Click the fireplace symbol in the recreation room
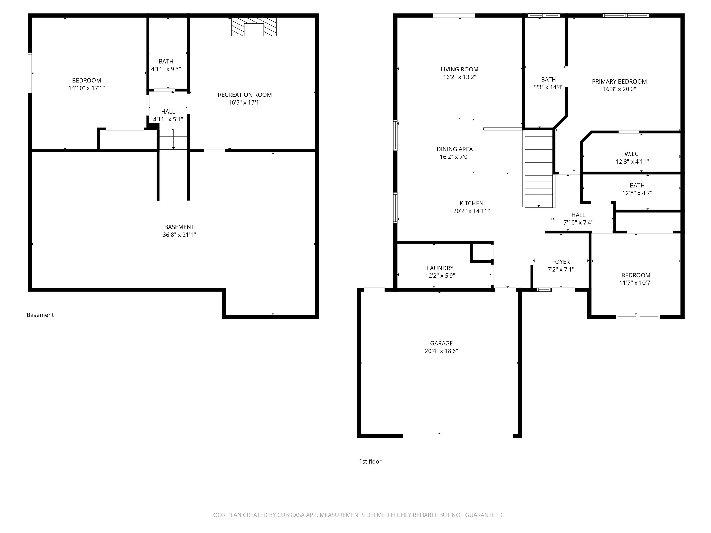click(254, 27)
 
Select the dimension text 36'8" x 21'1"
click(179, 235)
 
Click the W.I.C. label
click(632, 154)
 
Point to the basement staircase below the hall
click(173, 139)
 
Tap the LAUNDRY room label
click(440, 268)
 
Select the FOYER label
click(561, 262)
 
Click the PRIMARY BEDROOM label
click(619, 82)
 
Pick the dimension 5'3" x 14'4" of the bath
click(548, 87)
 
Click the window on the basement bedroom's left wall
click(30, 73)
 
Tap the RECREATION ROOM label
click(245, 95)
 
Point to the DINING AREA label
click(455, 149)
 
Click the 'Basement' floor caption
click(40, 315)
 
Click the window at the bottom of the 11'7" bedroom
click(638, 317)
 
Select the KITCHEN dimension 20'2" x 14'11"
click(471, 211)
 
